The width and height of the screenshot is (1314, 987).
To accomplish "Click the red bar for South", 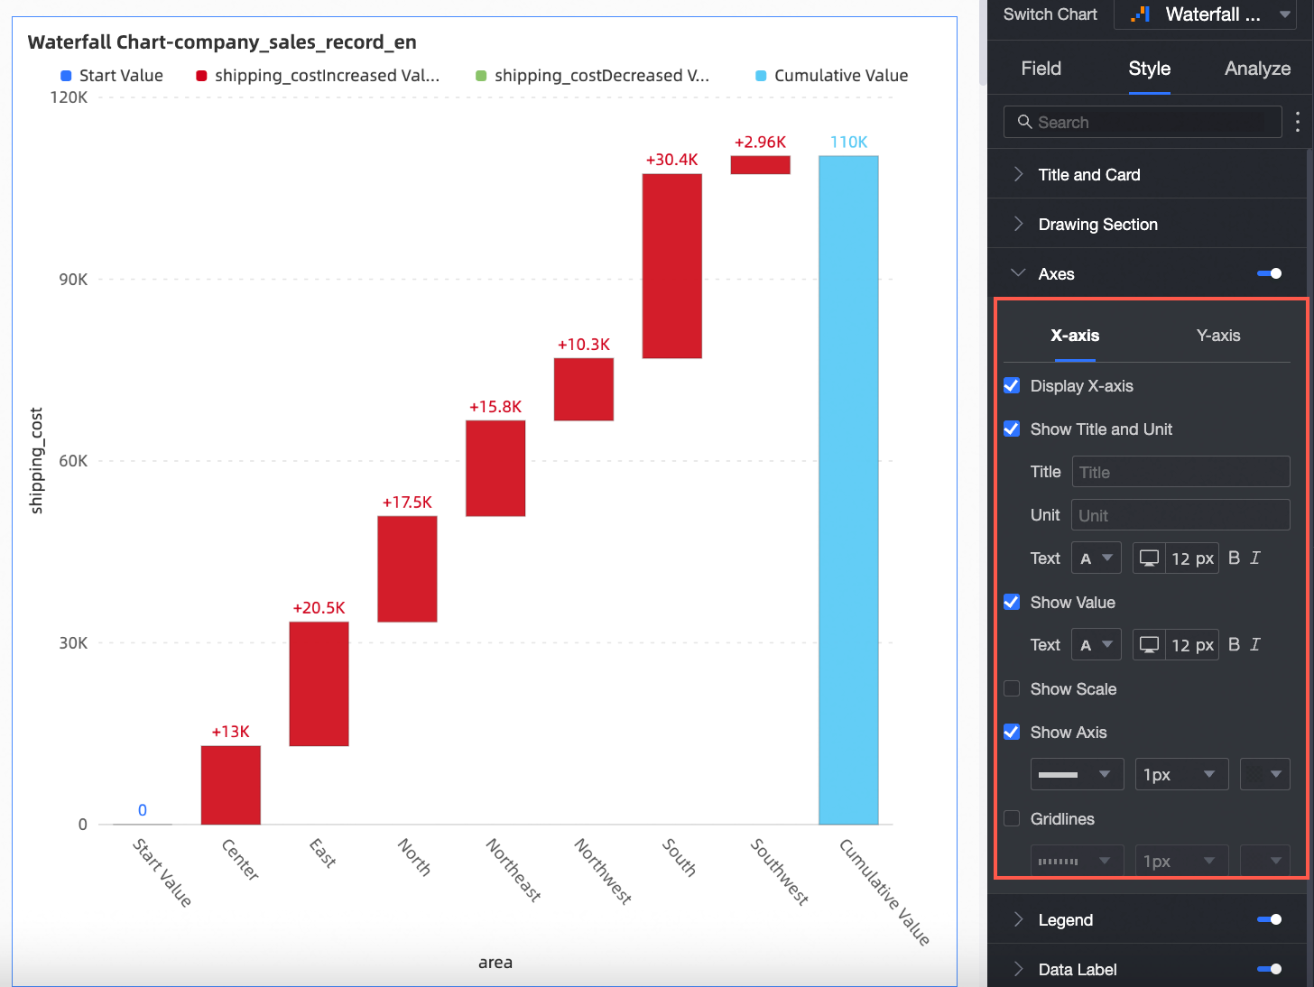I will click(671, 265).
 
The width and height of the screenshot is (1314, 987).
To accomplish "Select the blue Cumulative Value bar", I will click(848, 490).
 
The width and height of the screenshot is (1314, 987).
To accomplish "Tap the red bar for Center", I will click(230, 784).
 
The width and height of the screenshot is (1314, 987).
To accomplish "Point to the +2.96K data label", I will click(760, 143).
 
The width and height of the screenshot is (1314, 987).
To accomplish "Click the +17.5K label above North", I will click(407, 503).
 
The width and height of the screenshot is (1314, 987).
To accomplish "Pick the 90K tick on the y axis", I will click(73, 280).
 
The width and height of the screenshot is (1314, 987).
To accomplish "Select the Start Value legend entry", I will click(112, 76).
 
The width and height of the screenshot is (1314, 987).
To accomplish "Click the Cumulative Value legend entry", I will click(831, 76).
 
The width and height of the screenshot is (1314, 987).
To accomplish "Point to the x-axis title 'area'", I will click(495, 963).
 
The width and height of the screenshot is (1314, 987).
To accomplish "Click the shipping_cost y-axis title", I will click(37, 460).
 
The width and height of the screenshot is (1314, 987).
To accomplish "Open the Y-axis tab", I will click(1217, 336).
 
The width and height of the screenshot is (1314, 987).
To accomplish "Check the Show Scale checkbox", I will click(1012, 689).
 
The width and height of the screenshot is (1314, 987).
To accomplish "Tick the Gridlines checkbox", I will click(1012, 819).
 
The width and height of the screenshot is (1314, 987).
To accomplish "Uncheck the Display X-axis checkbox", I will click(1012, 386).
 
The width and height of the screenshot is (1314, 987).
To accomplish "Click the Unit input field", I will click(1180, 516).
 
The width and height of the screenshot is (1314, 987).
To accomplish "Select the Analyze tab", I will click(1257, 69).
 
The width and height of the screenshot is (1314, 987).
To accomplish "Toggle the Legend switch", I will click(1269, 920).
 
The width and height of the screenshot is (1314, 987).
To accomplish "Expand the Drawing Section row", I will click(1097, 225).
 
